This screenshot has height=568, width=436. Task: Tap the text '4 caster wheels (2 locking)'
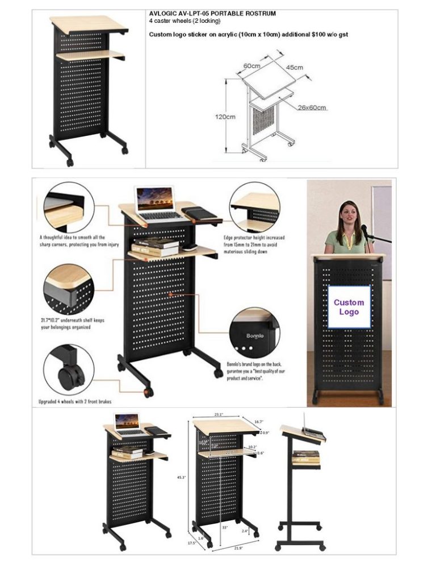(x=185, y=21)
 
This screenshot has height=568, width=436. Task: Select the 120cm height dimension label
(x=225, y=117)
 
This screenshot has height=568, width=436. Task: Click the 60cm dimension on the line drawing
(x=252, y=65)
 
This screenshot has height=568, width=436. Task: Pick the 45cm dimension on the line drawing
(x=294, y=68)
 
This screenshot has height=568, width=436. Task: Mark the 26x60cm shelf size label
(x=312, y=107)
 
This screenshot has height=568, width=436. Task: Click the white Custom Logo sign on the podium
(x=349, y=307)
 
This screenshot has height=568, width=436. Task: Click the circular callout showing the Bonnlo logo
(x=253, y=332)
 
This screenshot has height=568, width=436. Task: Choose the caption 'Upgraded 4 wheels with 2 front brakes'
(x=74, y=401)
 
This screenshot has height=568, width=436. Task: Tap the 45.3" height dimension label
(x=182, y=477)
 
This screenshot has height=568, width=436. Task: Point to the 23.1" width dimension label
(x=218, y=414)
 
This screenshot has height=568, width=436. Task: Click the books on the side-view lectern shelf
(x=305, y=457)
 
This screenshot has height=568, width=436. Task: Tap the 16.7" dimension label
(x=258, y=421)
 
